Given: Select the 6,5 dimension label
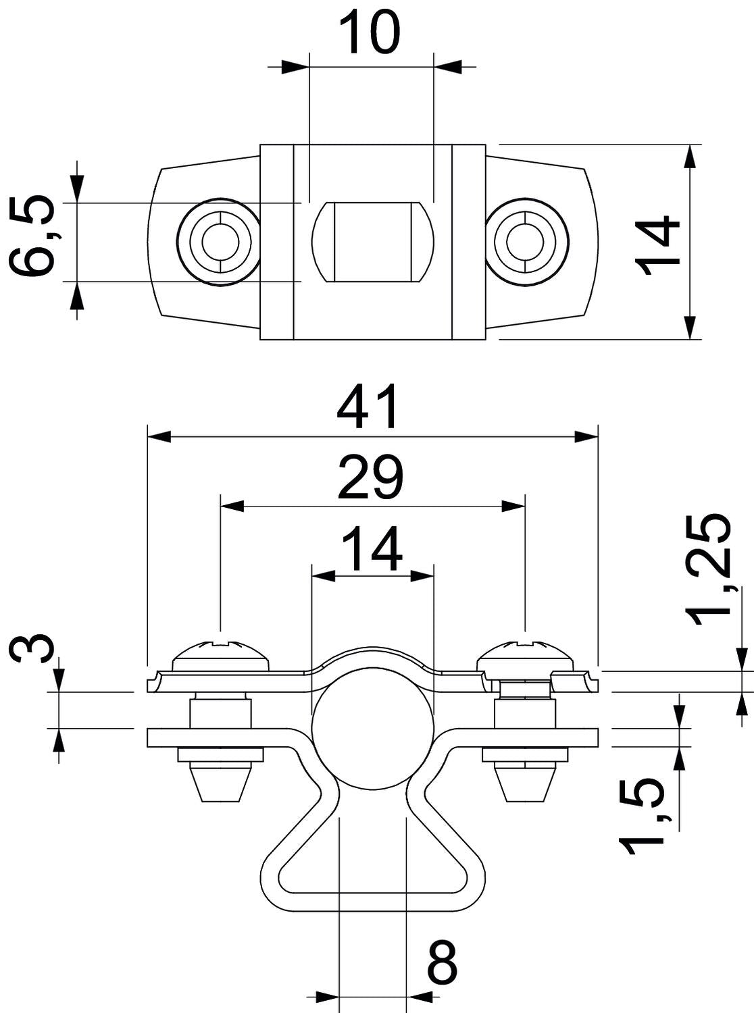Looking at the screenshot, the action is point(31,236).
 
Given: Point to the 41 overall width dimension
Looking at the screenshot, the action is point(366,406).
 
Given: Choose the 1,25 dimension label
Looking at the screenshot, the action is point(709,571).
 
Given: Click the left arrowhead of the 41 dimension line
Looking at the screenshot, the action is point(159,437).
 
